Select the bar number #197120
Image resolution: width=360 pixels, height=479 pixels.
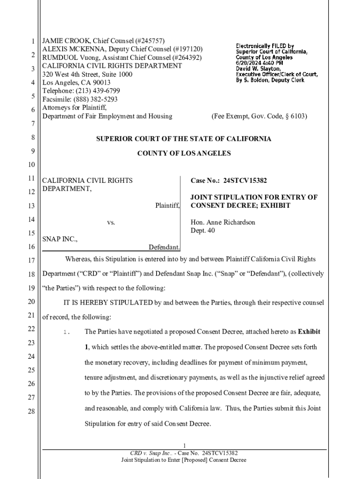[187, 49]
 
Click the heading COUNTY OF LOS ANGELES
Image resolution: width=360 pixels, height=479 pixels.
[184, 153]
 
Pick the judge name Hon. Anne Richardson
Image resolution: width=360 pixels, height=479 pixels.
[223, 222]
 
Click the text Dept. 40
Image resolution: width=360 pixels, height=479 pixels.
[202, 231]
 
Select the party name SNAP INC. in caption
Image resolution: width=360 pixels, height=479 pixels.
[60, 239]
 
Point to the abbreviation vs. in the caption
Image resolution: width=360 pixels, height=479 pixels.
[111, 223]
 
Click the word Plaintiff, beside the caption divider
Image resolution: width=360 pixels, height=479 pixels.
[167, 206]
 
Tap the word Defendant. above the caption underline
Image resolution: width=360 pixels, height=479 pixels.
[165, 247]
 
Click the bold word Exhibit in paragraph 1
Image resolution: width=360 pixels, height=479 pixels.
[309, 332]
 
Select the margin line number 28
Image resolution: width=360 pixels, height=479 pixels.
[33, 412]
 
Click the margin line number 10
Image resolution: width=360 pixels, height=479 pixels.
[33, 165]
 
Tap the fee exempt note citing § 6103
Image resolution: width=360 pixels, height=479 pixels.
[259, 116]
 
